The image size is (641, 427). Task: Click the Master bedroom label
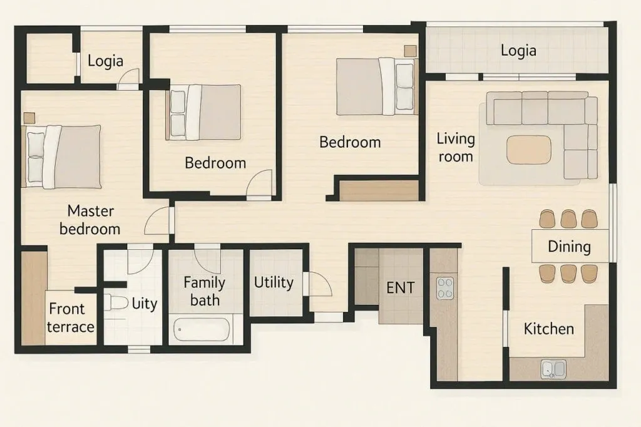(x=90, y=220)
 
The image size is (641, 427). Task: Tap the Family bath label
(x=205, y=291)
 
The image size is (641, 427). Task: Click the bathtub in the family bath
(x=202, y=329)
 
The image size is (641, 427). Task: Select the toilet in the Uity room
(x=116, y=302)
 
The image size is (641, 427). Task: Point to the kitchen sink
(x=554, y=369)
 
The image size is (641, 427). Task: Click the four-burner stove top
(x=445, y=288)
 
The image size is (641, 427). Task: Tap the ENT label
(x=401, y=287)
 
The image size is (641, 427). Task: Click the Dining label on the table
(x=569, y=247)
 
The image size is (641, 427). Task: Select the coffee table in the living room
(x=528, y=150)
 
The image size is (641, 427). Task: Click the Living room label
(x=456, y=147)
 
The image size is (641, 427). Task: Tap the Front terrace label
(x=70, y=318)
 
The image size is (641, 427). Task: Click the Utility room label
(x=274, y=282)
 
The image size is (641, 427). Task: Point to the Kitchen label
(x=548, y=329)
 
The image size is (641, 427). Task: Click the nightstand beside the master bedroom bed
(x=29, y=118)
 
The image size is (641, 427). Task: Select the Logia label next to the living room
(x=518, y=51)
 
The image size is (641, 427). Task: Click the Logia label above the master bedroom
(x=105, y=61)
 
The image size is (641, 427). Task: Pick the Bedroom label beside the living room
(x=350, y=142)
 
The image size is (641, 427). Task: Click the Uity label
(x=145, y=304)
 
